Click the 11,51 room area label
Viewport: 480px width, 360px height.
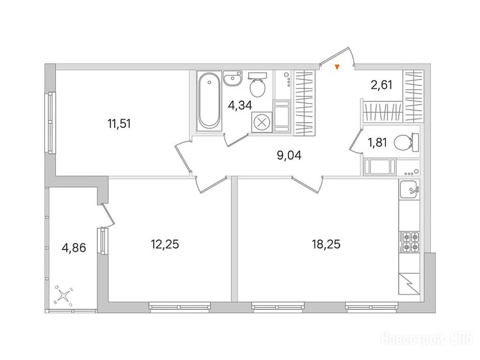(x=119, y=124)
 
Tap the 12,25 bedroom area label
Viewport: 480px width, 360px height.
(x=165, y=244)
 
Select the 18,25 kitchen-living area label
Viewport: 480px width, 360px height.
(x=326, y=244)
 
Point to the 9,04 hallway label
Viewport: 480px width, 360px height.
(x=289, y=156)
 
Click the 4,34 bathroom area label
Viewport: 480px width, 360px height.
(x=240, y=105)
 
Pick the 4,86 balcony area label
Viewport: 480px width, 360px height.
(x=74, y=247)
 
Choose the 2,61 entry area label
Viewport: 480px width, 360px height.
(x=382, y=84)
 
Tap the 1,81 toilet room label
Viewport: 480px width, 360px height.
(x=377, y=142)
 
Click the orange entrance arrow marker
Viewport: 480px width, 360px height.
(x=337, y=67)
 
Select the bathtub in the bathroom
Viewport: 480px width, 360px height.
(x=209, y=101)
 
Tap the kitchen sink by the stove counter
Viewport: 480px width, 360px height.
(x=409, y=190)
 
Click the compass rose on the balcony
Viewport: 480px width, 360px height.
(x=64, y=295)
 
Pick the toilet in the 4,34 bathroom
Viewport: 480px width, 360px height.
(x=257, y=84)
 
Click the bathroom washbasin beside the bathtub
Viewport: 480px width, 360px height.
(x=232, y=78)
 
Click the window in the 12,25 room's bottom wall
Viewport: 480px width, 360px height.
(x=180, y=307)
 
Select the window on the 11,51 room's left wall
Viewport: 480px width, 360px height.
(x=50, y=122)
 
